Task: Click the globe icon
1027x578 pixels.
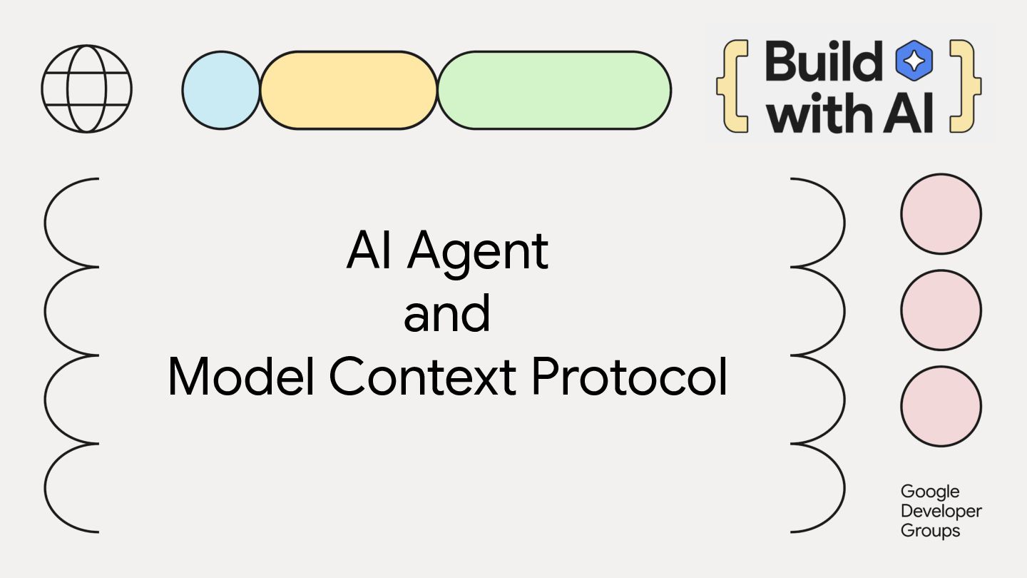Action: click(x=87, y=88)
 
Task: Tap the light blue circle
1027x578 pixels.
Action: click(x=221, y=91)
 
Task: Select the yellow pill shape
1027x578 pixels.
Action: click(x=349, y=91)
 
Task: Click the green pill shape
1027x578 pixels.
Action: click(x=554, y=91)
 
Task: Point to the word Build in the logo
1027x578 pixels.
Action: click(x=824, y=61)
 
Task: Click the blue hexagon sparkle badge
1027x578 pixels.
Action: click(x=914, y=61)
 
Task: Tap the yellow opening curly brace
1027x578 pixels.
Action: click(x=732, y=86)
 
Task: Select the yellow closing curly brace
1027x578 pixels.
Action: click(x=965, y=86)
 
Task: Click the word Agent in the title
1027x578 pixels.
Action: click(x=478, y=251)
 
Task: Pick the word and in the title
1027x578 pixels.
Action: click(x=447, y=314)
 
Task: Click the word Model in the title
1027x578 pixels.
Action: click(x=241, y=377)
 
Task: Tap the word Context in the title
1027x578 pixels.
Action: click(x=422, y=377)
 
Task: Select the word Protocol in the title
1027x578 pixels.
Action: click(x=629, y=377)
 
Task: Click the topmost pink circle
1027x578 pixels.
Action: click(x=941, y=214)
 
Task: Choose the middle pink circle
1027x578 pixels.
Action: click(x=941, y=310)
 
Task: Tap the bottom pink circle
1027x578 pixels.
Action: click(x=941, y=406)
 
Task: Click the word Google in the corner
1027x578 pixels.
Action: click(x=930, y=492)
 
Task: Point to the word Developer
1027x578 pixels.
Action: click(x=941, y=512)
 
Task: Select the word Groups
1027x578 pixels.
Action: click(x=930, y=531)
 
